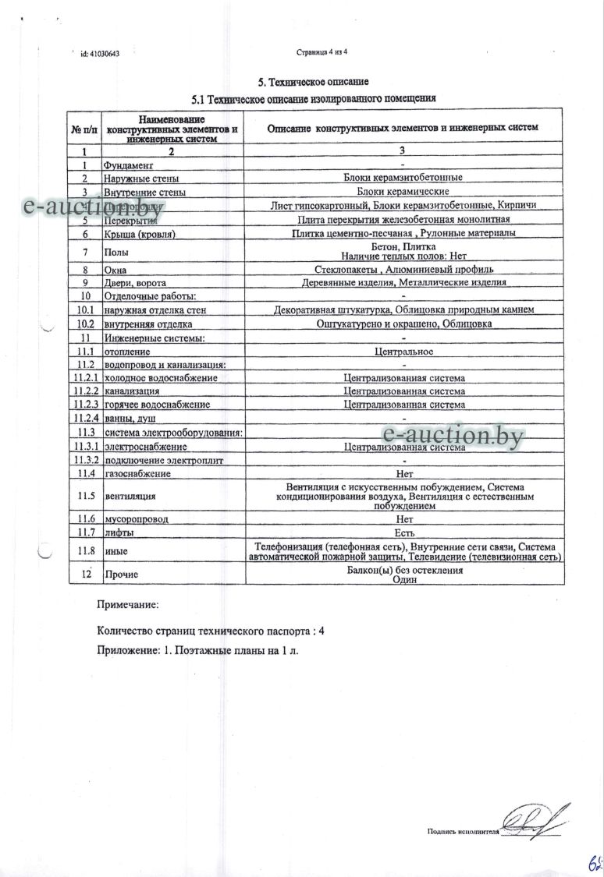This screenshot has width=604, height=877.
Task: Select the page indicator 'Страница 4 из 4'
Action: tap(322, 53)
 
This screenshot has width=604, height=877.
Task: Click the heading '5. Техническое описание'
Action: tap(313, 82)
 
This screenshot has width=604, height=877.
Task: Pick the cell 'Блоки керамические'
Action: tap(403, 192)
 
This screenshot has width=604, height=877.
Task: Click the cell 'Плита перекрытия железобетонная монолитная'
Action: tap(403, 220)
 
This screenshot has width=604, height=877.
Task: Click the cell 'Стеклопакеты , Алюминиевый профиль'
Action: tap(403, 268)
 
